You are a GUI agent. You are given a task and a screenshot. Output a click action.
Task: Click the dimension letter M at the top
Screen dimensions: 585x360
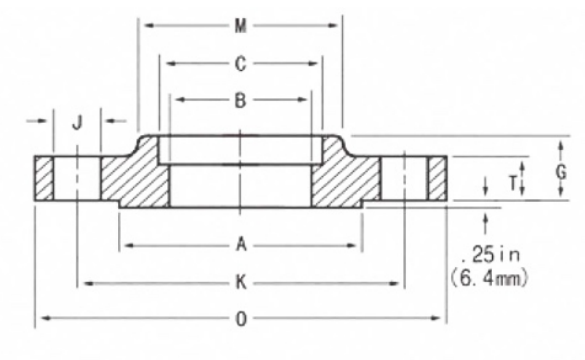tap(241, 26)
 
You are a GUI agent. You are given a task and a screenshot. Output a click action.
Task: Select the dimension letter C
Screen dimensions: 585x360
tap(241, 64)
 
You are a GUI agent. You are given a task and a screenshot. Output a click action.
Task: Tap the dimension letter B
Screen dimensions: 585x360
tap(241, 100)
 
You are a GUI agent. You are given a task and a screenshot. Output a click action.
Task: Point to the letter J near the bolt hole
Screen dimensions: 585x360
tap(77, 122)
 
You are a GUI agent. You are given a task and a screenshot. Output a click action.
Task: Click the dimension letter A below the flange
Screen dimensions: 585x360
tap(241, 245)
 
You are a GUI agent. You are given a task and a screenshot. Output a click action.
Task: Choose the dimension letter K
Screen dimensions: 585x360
tap(241, 282)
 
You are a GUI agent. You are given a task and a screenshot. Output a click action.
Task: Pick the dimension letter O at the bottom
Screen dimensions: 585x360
tap(241, 319)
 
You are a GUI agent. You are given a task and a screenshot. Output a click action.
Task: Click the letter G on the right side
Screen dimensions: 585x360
tap(561, 172)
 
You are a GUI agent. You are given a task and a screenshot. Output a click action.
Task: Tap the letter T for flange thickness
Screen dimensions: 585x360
tap(513, 183)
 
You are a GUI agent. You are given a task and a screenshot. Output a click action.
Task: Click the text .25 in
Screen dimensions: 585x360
tap(491, 254)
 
